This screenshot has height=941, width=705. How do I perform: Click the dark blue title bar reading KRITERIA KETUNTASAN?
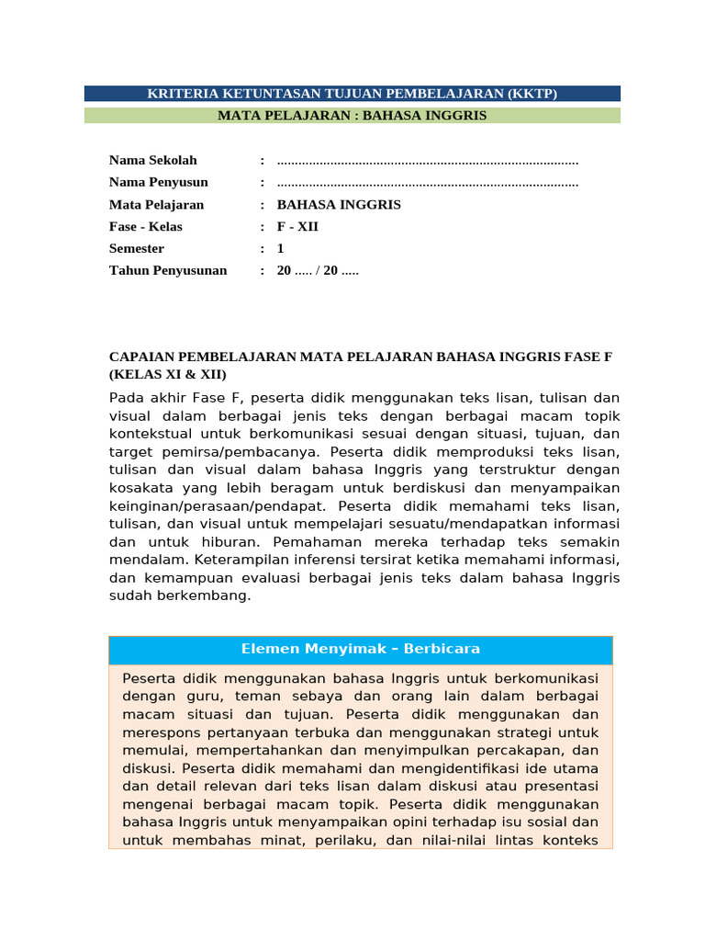tap(352, 94)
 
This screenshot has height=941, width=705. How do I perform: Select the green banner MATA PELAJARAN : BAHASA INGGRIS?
tap(352, 116)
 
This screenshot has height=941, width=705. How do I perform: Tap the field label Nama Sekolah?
tap(153, 161)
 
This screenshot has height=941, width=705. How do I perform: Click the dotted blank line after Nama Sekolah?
tap(428, 162)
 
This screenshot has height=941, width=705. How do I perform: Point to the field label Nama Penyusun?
tap(159, 183)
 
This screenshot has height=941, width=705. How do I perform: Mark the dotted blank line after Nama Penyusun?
tap(428, 184)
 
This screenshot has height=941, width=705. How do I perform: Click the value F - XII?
tap(297, 227)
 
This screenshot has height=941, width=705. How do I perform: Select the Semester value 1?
tap(281, 249)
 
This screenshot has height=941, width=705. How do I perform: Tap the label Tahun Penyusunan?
tap(168, 271)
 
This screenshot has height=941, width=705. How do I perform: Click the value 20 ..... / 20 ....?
tap(318, 271)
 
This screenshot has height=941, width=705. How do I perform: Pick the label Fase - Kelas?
tap(146, 227)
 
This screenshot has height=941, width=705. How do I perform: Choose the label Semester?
tap(137, 249)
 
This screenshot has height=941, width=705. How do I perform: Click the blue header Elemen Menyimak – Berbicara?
tap(361, 649)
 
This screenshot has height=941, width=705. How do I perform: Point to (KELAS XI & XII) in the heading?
tap(168, 375)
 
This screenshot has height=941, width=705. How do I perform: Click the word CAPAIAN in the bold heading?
tap(139, 357)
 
